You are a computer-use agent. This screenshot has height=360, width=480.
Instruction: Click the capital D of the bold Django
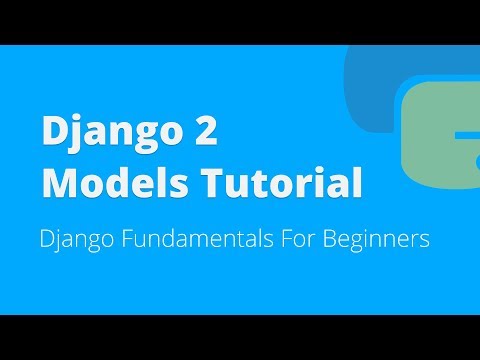pyautogui.click(x=52, y=133)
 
